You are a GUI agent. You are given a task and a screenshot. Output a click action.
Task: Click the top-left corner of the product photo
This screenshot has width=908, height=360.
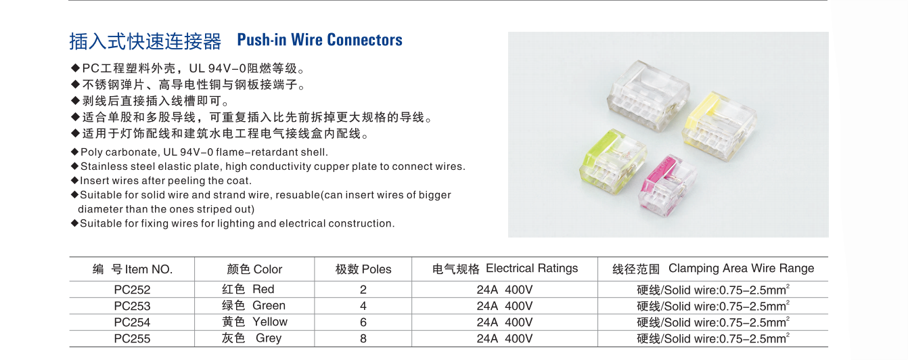pyautogui.click(x=508, y=32)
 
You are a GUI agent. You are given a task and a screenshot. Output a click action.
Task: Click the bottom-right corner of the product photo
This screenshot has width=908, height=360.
pyautogui.click(x=829, y=237)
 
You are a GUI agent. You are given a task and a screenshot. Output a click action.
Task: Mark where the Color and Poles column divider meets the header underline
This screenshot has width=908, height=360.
pyautogui.click(x=315, y=281)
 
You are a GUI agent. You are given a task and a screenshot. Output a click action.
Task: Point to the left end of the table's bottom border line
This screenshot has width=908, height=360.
pyautogui.click(x=69, y=346)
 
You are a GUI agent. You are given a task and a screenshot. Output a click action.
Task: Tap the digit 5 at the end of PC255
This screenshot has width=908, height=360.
pyautogui.click(x=147, y=338)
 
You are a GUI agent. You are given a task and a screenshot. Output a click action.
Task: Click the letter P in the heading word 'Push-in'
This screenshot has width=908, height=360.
pyautogui.click(x=242, y=40)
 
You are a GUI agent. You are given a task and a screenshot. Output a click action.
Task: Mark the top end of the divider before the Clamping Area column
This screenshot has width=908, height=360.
pyautogui.click(x=597, y=257)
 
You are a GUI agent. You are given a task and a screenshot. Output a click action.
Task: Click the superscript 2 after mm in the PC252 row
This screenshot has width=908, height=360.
pyautogui.click(x=788, y=286)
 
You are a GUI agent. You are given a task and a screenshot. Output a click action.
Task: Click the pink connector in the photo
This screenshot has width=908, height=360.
pyautogui.click(x=668, y=185)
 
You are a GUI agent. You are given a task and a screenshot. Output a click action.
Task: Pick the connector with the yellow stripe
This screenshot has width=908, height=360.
pyautogui.click(x=719, y=125)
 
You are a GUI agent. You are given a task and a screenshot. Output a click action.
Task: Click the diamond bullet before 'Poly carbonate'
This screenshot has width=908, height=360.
pyautogui.click(x=74, y=152)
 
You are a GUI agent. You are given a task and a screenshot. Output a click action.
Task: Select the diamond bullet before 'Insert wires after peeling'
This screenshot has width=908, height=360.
pyautogui.click(x=74, y=181)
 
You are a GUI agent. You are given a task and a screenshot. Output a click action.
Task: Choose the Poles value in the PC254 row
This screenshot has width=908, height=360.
pyautogui.click(x=363, y=322)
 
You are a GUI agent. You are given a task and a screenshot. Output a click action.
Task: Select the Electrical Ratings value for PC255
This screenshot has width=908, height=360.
pyautogui.click(x=504, y=338)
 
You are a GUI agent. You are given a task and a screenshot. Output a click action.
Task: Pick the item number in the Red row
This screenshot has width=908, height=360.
pyautogui.click(x=132, y=290)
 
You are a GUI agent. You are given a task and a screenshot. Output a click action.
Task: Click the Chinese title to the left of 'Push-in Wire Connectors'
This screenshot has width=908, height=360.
pyautogui.click(x=145, y=41)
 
